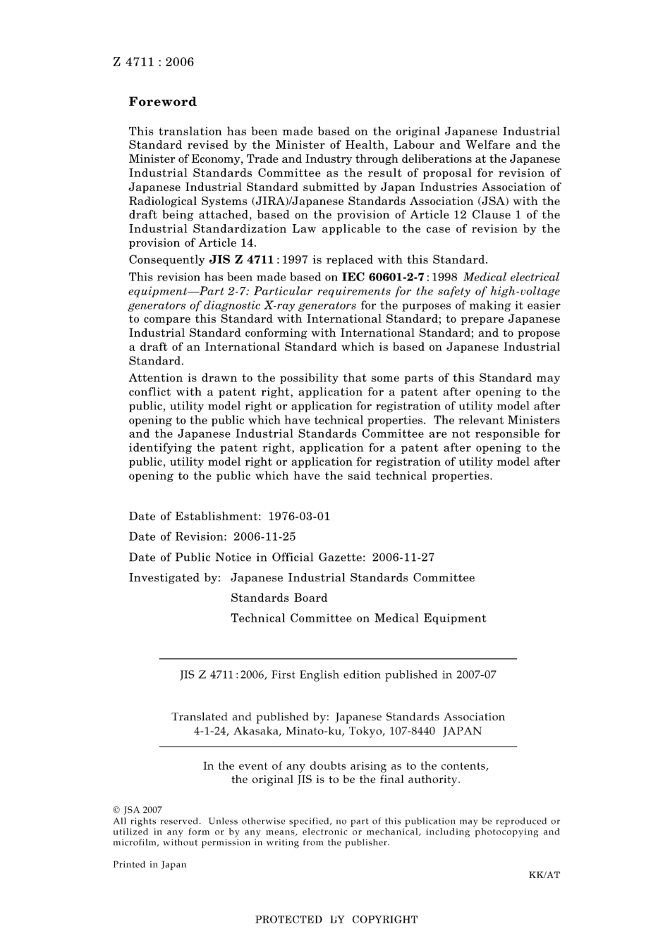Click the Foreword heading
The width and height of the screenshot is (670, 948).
(x=162, y=101)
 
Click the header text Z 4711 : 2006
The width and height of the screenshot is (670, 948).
(x=153, y=62)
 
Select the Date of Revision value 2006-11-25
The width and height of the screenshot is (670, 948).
(x=264, y=536)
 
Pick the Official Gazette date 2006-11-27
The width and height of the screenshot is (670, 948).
(x=403, y=557)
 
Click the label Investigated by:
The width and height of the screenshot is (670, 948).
(x=175, y=577)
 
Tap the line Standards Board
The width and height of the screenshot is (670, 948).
(x=279, y=598)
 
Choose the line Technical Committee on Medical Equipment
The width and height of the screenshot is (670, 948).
(x=358, y=618)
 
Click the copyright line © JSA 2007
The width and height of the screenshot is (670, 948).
(x=138, y=811)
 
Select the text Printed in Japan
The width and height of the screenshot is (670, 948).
(x=150, y=865)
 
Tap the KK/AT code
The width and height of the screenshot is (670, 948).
(x=544, y=875)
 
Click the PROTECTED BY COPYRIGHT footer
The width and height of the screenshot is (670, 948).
(x=336, y=920)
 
